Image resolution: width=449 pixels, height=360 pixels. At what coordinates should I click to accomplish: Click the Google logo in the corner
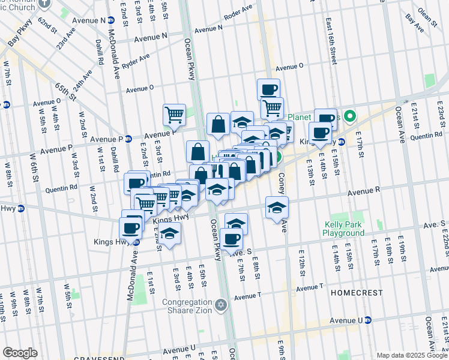(20, 353)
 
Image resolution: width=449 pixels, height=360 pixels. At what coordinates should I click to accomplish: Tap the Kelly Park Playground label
(343, 228)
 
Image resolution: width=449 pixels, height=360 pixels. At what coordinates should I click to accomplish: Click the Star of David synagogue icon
(221, 305)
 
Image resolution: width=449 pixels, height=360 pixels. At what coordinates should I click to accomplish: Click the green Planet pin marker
(353, 116)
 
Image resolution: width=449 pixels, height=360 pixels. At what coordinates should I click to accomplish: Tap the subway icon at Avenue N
(111, 20)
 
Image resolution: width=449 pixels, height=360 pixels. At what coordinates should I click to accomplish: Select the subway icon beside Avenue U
(368, 320)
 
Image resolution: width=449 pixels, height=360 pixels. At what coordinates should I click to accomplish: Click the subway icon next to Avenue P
(128, 139)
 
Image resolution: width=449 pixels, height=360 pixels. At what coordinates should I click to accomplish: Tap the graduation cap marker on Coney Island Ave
(277, 209)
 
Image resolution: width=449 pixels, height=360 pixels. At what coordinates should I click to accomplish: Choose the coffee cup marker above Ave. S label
(231, 239)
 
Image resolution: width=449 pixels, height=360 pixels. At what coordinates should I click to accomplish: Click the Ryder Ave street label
(136, 61)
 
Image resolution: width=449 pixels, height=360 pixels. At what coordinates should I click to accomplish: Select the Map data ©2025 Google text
(412, 355)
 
